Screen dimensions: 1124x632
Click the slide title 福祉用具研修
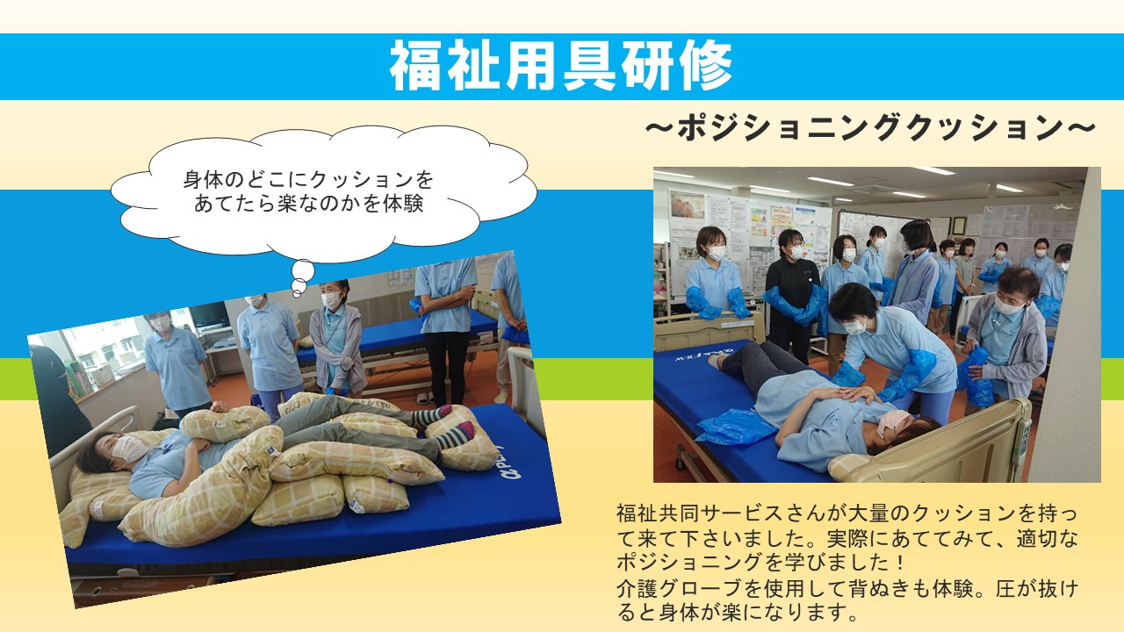pos(561,66)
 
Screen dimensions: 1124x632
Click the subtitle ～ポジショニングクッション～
pos(870,128)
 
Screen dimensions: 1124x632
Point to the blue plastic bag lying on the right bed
pos(735,426)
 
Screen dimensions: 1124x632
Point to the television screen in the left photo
pos(208,315)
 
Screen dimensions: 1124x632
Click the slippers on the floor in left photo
pos(424,399)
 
